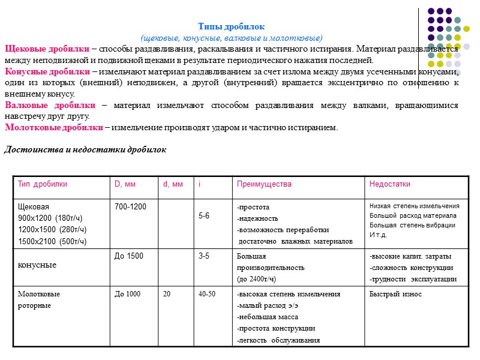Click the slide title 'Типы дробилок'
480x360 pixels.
tap(231, 27)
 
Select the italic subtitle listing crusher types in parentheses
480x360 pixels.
tap(231, 37)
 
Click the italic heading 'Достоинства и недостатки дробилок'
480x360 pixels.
tap(85, 149)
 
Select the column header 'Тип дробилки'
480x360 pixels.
tap(43, 184)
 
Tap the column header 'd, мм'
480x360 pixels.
tap(173, 184)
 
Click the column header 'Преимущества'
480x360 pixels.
tap(264, 184)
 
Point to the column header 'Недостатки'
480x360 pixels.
tap(390, 184)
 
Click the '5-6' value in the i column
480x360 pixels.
tap(204, 216)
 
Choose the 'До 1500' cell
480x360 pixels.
tap(129, 257)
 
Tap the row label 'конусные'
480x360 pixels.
tap(37, 265)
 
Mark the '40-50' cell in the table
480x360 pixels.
tap(207, 294)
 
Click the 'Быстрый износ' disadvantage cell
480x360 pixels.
tap(395, 294)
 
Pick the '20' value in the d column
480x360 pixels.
tap(167, 294)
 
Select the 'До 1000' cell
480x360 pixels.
tap(128, 294)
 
